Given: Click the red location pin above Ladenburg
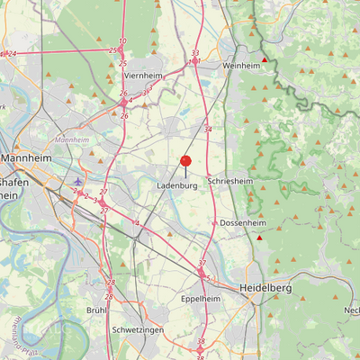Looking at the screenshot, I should tap(185, 162).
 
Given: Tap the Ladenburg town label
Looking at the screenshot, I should tap(176, 185).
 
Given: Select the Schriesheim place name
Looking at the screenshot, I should tap(229, 180).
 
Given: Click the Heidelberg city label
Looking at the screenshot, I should tap(265, 287).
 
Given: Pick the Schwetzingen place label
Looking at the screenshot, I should tap(138, 330).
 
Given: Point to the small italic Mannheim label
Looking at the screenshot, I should tap(72, 140).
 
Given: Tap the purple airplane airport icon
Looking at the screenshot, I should tap(78, 180).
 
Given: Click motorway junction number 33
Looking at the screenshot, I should tap(195, 53).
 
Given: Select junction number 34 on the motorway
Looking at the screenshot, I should tap(208, 130).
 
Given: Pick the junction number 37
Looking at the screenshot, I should tap(202, 263).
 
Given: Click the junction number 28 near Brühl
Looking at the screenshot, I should tap(110, 296).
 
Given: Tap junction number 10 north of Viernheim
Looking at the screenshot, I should tap(122, 41).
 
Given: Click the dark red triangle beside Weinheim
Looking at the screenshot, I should tap(264, 60).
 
